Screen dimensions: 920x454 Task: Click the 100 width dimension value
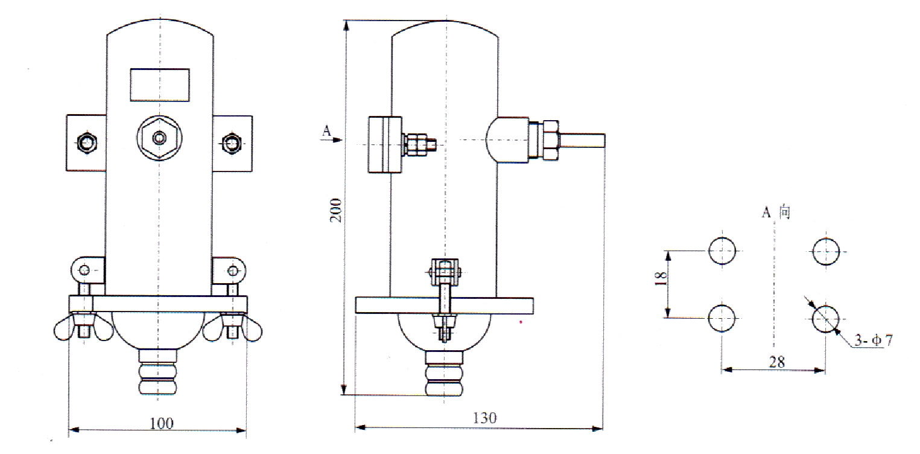pos(162,423)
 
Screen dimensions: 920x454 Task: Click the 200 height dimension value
pos(336,210)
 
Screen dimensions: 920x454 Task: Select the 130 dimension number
pos(484,418)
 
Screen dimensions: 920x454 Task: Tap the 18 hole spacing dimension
pos(661,279)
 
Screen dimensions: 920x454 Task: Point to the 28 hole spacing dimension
pos(776,362)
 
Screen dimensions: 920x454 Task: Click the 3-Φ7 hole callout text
pos(874,340)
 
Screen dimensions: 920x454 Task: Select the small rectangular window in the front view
pos(160,85)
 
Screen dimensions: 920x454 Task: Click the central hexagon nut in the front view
pos(159,138)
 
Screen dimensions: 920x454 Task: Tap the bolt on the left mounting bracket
pos(86,143)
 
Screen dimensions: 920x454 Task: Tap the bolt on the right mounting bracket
pos(232,143)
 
